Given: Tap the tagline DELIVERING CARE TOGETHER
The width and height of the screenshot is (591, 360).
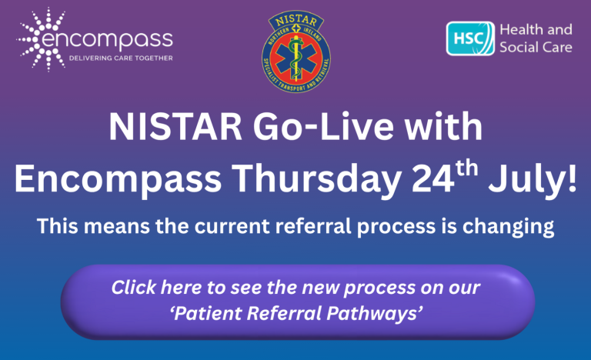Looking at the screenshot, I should [121, 58].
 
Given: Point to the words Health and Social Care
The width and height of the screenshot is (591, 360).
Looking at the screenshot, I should [536, 38].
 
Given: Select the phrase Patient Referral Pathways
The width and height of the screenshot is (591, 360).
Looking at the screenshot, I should [297, 313].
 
